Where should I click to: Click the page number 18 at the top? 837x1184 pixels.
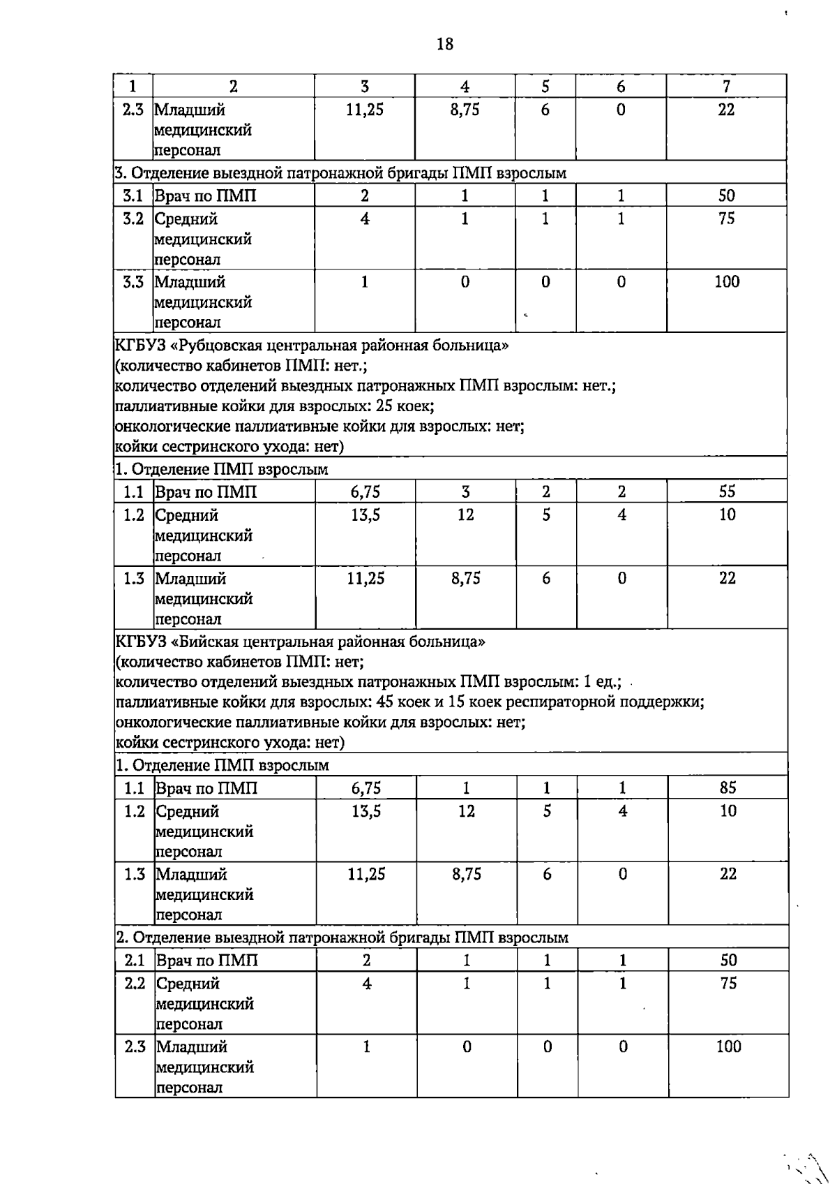pyautogui.click(x=444, y=45)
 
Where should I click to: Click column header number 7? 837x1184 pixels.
pyautogui.click(x=726, y=87)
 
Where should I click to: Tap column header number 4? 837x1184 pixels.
pyautogui.click(x=465, y=87)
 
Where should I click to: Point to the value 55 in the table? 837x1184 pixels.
pyautogui.click(x=727, y=491)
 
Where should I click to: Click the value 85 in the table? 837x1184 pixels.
pyautogui.click(x=727, y=787)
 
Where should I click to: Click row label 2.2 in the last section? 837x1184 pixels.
pyautogui.click(x=135, y=983)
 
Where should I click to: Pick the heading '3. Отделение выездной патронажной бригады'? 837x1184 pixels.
pyautogui.click(x=340, y=172)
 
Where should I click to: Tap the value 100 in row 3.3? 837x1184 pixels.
pyautogui.click(x=726, y=282)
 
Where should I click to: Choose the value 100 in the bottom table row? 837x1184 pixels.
pyautogui.click(x=728, y=1046)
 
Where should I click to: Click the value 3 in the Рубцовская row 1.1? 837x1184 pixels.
pyautogui.click(x=465, y=491)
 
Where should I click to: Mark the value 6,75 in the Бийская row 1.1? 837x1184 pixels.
pyautogui.click(x=365, y=787)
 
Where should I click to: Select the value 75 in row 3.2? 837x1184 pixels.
pyautogui.click(x=726, y=219)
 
